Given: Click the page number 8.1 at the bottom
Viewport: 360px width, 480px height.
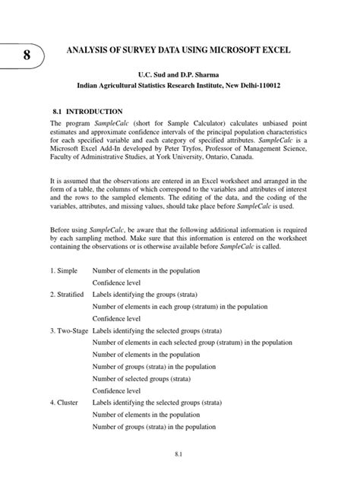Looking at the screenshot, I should tap(179, 454).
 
